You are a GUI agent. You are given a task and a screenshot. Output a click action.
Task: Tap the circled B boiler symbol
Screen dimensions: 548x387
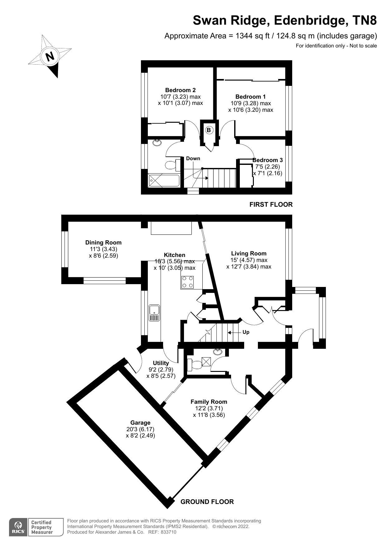[x=209, y=130]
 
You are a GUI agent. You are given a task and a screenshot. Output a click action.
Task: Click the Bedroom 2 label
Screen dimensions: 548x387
[x=180, y=90]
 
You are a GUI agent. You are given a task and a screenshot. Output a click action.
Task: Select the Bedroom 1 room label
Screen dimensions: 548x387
[x=250, y=97]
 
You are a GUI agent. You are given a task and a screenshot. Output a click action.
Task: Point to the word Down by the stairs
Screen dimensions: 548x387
[x=193, y=158]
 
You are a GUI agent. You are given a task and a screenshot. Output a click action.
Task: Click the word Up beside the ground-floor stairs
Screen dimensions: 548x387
[x=246, y=332]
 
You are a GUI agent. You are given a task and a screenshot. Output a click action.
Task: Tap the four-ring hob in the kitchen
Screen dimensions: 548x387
[x=188, y=281]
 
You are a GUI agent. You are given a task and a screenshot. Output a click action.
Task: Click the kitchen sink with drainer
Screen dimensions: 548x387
[x=154, y=313]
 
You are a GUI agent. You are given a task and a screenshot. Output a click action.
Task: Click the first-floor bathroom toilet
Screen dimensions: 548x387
[x=172, y=165]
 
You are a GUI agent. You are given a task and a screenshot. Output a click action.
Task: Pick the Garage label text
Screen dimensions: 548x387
[x=140, y=422]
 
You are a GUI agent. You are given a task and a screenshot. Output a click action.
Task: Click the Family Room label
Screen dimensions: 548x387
[x=209, y=402]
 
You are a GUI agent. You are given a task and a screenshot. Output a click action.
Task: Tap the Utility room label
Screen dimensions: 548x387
[x=161, y=363]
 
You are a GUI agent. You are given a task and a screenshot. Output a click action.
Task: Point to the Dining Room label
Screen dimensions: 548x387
[x=103, y=242]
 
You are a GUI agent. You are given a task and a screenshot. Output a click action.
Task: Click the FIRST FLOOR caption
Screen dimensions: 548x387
[x=271, y=205]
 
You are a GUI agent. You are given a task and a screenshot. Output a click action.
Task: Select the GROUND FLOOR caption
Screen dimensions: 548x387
[x=207, y=502]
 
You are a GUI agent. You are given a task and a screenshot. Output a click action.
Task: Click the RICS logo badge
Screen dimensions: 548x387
[x=18, y=527]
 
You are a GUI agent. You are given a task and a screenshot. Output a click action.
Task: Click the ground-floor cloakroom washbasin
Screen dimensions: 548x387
[x=218, y=352]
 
